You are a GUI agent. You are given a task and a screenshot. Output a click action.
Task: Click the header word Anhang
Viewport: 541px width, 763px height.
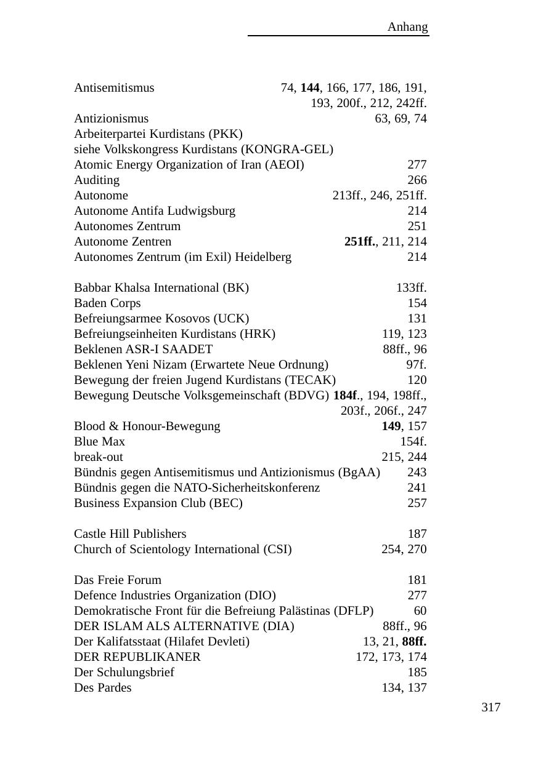407,27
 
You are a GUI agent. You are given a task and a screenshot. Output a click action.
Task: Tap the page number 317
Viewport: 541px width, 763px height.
490,708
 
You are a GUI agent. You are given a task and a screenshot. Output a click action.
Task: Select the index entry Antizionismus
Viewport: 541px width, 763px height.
111,119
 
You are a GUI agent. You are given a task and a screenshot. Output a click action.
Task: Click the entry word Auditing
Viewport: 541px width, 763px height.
97,180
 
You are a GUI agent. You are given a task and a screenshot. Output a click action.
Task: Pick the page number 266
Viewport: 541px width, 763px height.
417,180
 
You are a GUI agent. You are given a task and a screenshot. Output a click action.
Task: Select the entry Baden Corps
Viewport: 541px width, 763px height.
107,303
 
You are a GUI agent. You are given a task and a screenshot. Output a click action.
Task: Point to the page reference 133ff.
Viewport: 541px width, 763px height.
411,288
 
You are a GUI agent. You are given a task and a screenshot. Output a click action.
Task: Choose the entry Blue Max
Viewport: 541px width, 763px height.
99,442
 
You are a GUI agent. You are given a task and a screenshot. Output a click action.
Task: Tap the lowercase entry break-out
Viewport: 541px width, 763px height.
98,457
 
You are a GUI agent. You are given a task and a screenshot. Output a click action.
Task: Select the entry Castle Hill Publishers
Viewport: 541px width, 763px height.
130,534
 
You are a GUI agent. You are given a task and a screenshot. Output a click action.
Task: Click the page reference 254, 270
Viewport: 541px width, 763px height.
404,549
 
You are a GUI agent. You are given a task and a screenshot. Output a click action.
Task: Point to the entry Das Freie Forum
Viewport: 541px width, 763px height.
118,580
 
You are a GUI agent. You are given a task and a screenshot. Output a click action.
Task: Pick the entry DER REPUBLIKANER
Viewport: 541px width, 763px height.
137,657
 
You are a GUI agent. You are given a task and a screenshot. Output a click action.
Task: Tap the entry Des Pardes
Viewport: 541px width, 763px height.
102,688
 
